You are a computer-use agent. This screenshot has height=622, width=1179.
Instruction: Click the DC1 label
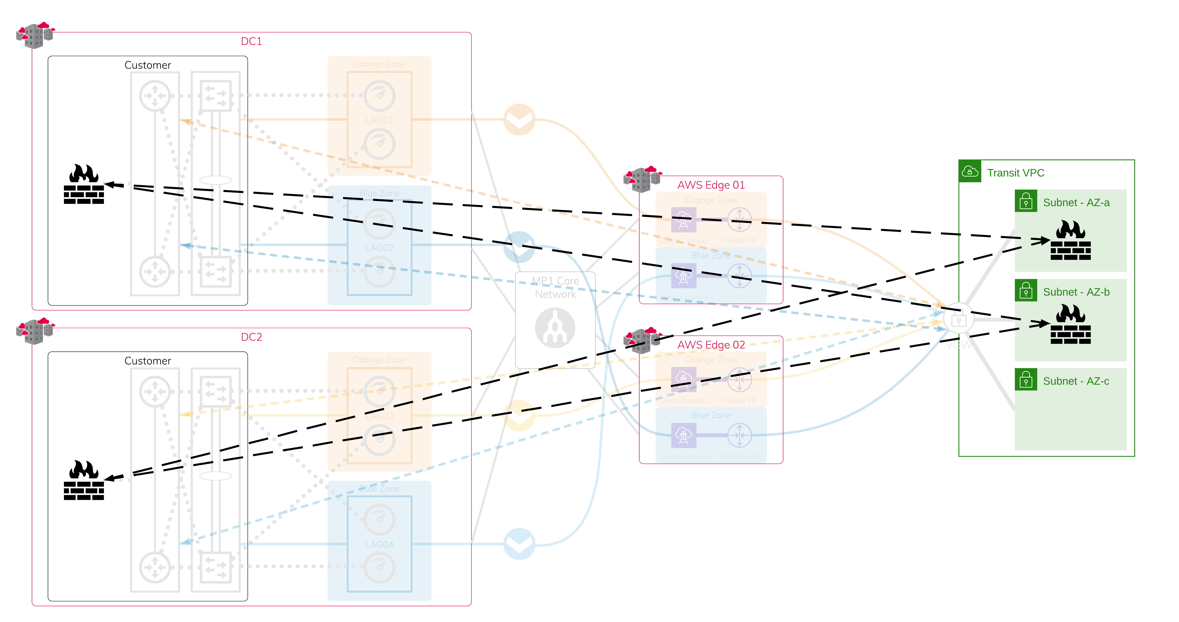(251, 41)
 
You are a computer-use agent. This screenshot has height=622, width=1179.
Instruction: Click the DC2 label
(251, 337)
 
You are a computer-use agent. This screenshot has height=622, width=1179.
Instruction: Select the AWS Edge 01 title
(711, 185)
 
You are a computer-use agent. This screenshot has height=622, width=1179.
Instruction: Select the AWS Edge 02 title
(711, 345)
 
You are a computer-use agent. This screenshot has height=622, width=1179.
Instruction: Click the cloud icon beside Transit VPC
(970, 172)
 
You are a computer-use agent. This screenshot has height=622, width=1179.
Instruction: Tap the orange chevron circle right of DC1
(519, 119)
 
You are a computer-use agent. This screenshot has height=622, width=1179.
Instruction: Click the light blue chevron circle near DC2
(519, 544)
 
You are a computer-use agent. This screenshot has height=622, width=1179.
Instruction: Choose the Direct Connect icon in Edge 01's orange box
(683, 220)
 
